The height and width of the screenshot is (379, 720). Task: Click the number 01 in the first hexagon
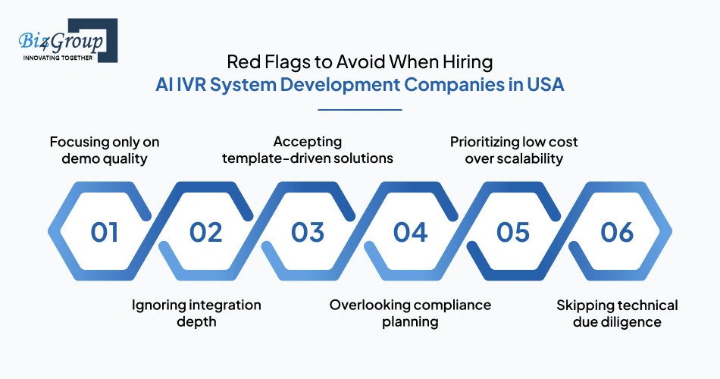click(105, 232)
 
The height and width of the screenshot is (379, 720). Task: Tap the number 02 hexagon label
click(206, 232)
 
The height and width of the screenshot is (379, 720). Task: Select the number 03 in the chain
click(308, 232)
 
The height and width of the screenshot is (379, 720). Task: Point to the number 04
click(410, 232)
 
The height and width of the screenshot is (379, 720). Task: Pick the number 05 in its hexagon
click(513, 232)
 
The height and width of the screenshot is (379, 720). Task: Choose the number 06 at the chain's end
click(616, 232)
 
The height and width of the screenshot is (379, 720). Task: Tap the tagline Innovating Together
click(58, 58)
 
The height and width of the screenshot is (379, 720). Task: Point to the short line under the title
click(359, 110)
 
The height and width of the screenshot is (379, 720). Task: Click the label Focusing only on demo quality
click(105, 150)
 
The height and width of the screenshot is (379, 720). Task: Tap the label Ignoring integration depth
click(196, 313)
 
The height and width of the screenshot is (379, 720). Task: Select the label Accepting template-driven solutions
click(308, 150)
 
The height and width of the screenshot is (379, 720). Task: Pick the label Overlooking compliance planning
click(410, 313)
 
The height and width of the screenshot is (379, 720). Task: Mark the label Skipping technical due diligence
click(617, 313)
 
